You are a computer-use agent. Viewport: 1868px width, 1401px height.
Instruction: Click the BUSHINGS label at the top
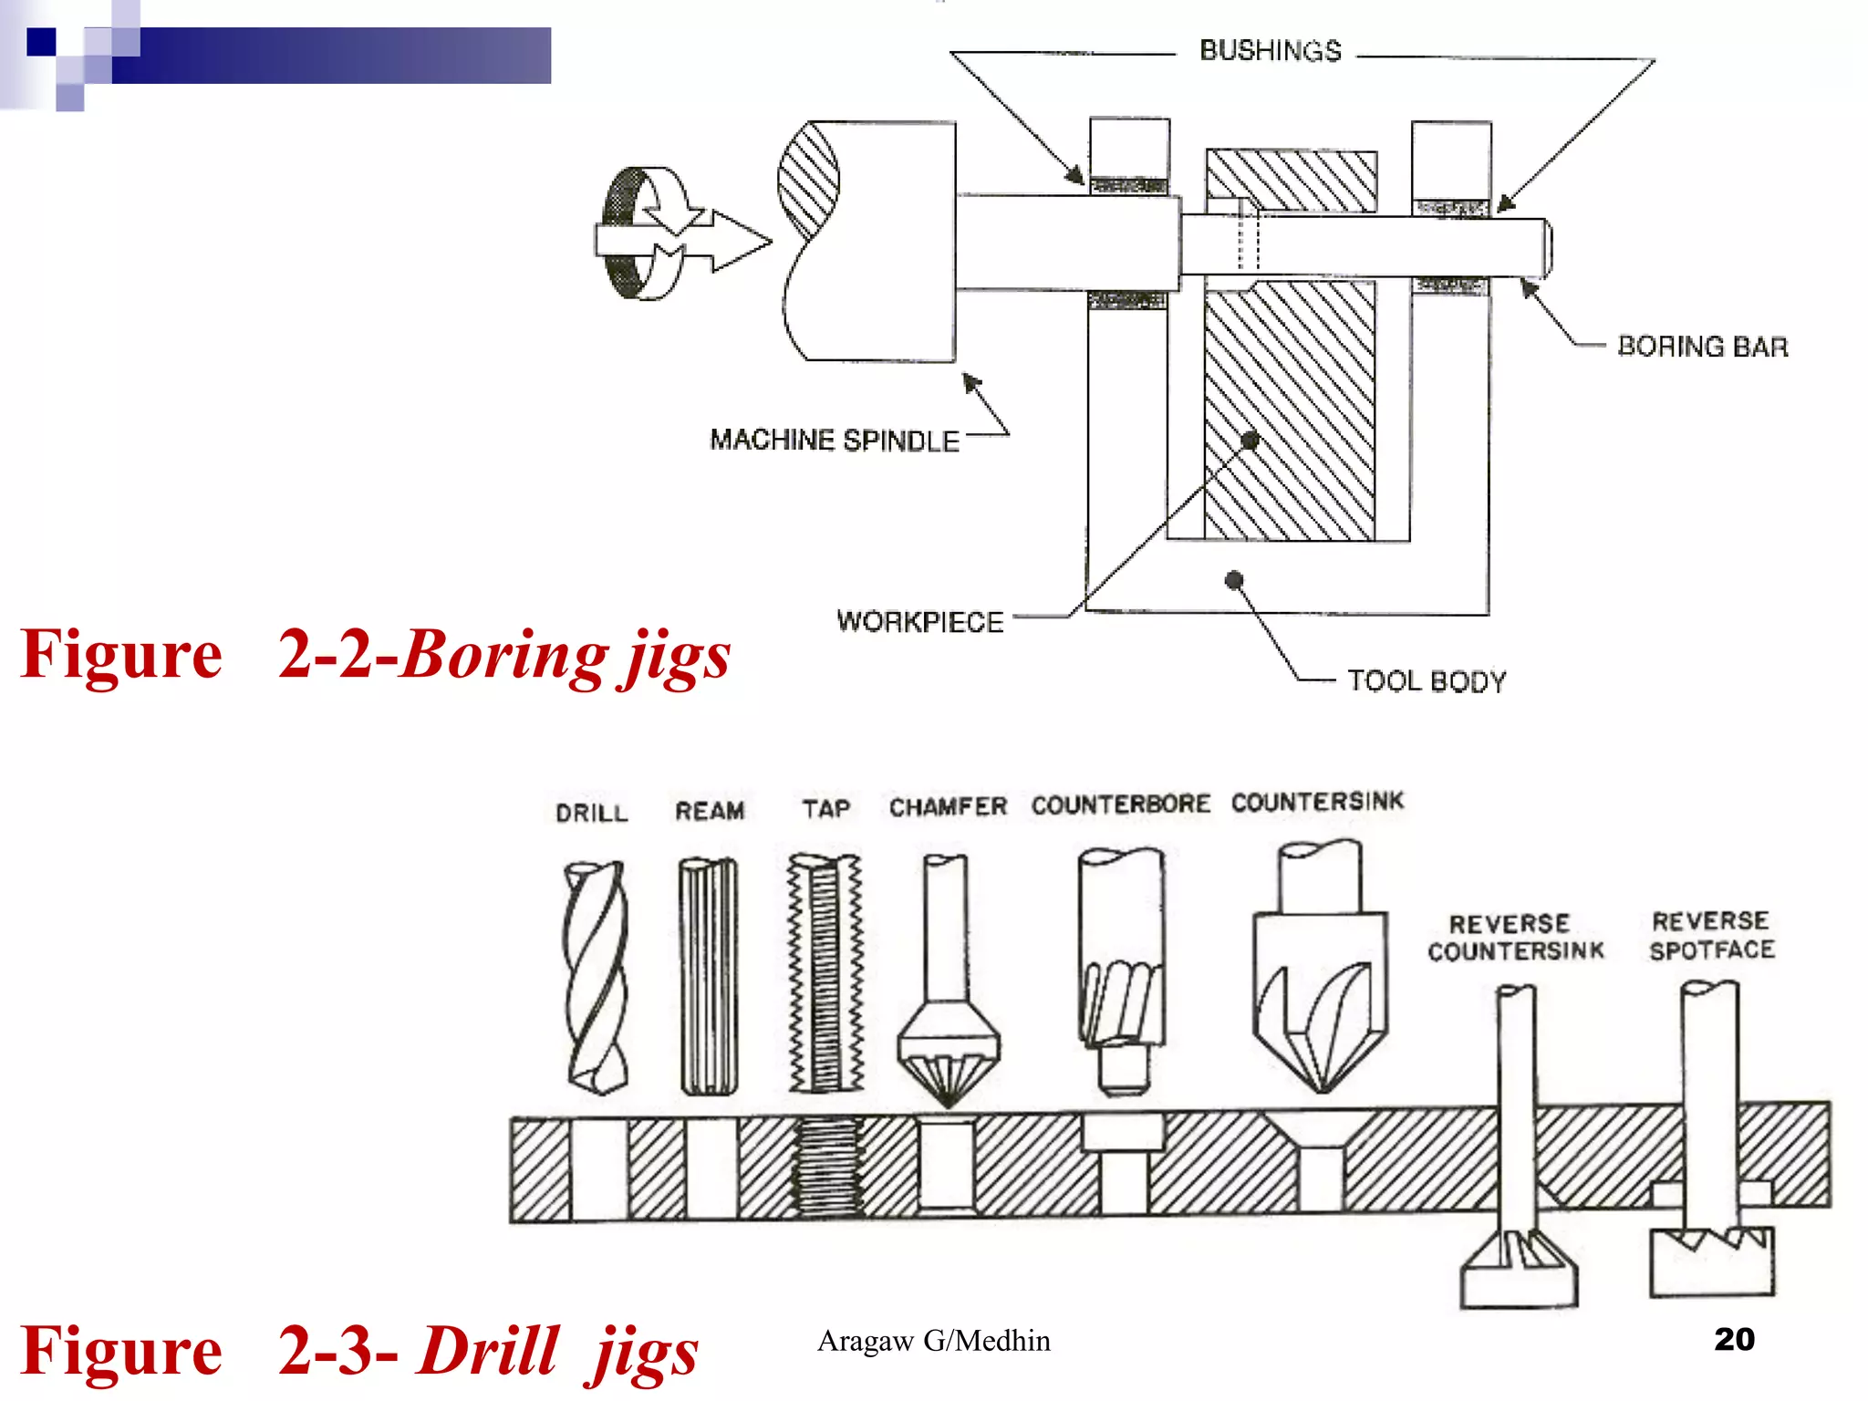click(x=1270, y=50)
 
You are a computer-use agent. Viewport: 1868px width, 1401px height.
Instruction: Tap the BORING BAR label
click(x=1702, y=347)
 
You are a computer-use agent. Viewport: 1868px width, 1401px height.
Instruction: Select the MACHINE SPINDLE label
click(x=834, y=441)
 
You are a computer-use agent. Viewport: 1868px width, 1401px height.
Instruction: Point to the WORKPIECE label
click(x=919, y=622)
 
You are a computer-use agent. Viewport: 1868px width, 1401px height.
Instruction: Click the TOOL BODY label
click(x=1427, y=681)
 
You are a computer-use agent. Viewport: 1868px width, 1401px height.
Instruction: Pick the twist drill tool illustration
click(x=597, y=976)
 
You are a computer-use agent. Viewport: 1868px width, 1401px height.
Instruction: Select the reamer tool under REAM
click(x=709, y=976)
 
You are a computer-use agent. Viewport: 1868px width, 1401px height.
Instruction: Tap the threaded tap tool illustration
click(x=825, y=974)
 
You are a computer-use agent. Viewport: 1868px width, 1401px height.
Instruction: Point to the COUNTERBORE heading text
click(x=1120, y=804)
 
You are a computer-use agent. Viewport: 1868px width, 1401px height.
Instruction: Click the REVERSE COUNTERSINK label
click(x=1515, y=938)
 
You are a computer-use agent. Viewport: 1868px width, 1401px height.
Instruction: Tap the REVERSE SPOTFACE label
click(x=1712, y=936)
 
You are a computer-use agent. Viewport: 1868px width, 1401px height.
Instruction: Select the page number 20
click(x=1734, y=1339)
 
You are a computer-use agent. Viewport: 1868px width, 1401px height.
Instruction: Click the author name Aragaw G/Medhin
click(x=933, y=1341)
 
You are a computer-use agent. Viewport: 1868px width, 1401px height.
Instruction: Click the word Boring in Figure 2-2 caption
click(x=504, y=655)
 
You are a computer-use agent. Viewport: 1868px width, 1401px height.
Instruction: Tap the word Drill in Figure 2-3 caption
click(x=488, y=1351)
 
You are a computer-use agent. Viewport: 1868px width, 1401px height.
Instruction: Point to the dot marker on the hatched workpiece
click(x=1251, y=441)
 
